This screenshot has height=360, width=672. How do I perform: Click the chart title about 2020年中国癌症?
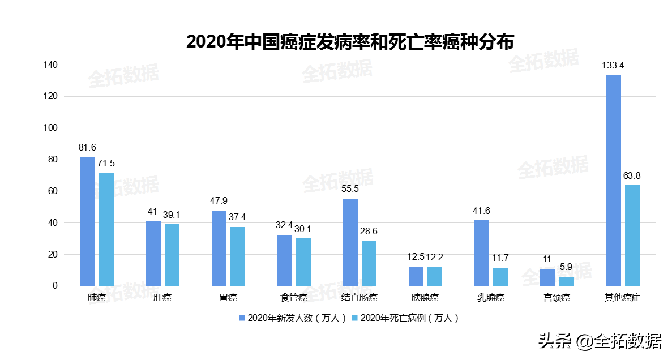tap(350, 42)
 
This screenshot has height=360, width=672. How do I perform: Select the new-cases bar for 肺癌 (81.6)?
tap(88, 221)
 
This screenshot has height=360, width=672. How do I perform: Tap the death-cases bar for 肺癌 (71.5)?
tap(106, 229)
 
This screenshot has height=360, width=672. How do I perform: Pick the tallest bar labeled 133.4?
tap(614, 181)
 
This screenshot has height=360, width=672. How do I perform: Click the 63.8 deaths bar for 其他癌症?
tap(632, 235)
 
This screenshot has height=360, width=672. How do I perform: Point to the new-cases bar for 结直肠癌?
tap(350, 242)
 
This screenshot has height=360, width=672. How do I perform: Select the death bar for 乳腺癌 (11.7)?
tap(500, 277)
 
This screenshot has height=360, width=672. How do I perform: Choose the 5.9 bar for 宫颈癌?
tap(566, 281)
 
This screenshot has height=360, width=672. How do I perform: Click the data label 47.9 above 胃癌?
tap(219, 201)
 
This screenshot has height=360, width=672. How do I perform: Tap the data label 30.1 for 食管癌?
tap(303, 229)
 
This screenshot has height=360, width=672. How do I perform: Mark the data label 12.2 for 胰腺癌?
tap(435, 257)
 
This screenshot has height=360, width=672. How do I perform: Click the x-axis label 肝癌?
tap(162, 298)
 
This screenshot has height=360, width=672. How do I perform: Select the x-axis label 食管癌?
tap(293, 298)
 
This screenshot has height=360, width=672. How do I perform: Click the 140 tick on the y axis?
tap(50, 65)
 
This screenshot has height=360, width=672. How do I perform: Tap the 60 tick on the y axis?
tap(53, 191)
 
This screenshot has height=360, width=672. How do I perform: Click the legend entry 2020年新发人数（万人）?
tap(292, 318)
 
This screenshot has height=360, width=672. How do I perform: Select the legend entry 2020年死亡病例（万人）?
tap(405, 318)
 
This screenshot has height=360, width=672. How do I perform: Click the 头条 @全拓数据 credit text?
tap(600, 341)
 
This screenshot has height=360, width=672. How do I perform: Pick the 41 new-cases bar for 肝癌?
tap(153, 254)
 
